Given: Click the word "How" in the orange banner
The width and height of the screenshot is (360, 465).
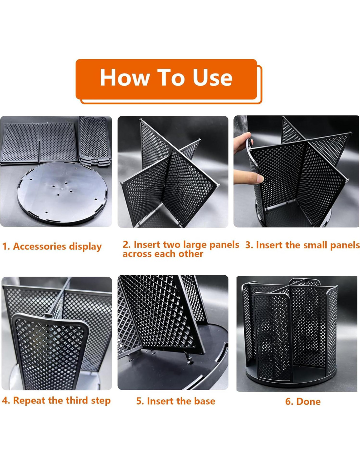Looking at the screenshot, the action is pyautogui.click(x=124, y=77).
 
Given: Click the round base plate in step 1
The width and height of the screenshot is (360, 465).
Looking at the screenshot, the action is pyautogui.click(x=62, y=193).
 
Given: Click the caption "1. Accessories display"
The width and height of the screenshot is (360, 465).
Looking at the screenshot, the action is pyautogui.click(x=52, y=247).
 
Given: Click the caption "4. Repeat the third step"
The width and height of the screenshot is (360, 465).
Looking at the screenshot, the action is pyautogui.click(x=56, y=401).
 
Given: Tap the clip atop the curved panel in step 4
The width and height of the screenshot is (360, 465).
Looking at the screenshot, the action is pyautogui.click(x=48, y=315).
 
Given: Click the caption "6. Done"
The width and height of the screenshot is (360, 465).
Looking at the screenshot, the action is pyautogui.click(x=303, y=402).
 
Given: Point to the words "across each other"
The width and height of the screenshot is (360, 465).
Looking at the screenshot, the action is pyautogui.click(x=163, y=254).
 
